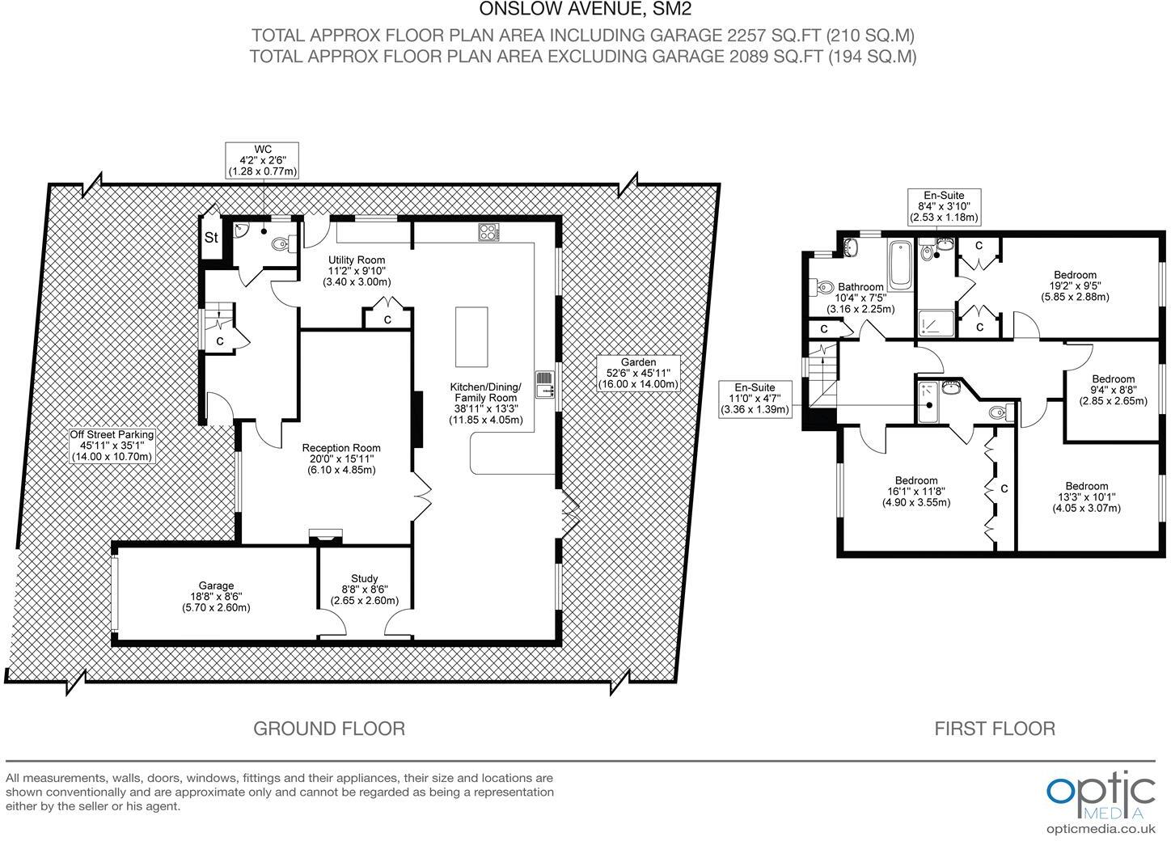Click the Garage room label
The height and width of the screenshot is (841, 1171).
216,597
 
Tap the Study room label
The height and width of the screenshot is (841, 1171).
364,590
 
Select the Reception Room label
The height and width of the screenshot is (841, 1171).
341,459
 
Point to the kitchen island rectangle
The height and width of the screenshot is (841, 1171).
471,336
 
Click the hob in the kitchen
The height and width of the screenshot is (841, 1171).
488,232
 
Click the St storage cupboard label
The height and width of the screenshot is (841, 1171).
211,239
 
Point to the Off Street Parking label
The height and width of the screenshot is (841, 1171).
112,446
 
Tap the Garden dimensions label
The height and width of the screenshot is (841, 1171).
638,374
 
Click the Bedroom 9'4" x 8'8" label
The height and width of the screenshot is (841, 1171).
1113,390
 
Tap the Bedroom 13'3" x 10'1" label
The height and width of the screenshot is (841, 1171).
1086,497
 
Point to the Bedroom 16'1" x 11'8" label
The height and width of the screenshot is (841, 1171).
915,491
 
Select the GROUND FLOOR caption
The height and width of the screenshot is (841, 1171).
329,729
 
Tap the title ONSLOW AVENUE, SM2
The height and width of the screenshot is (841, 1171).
585,10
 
